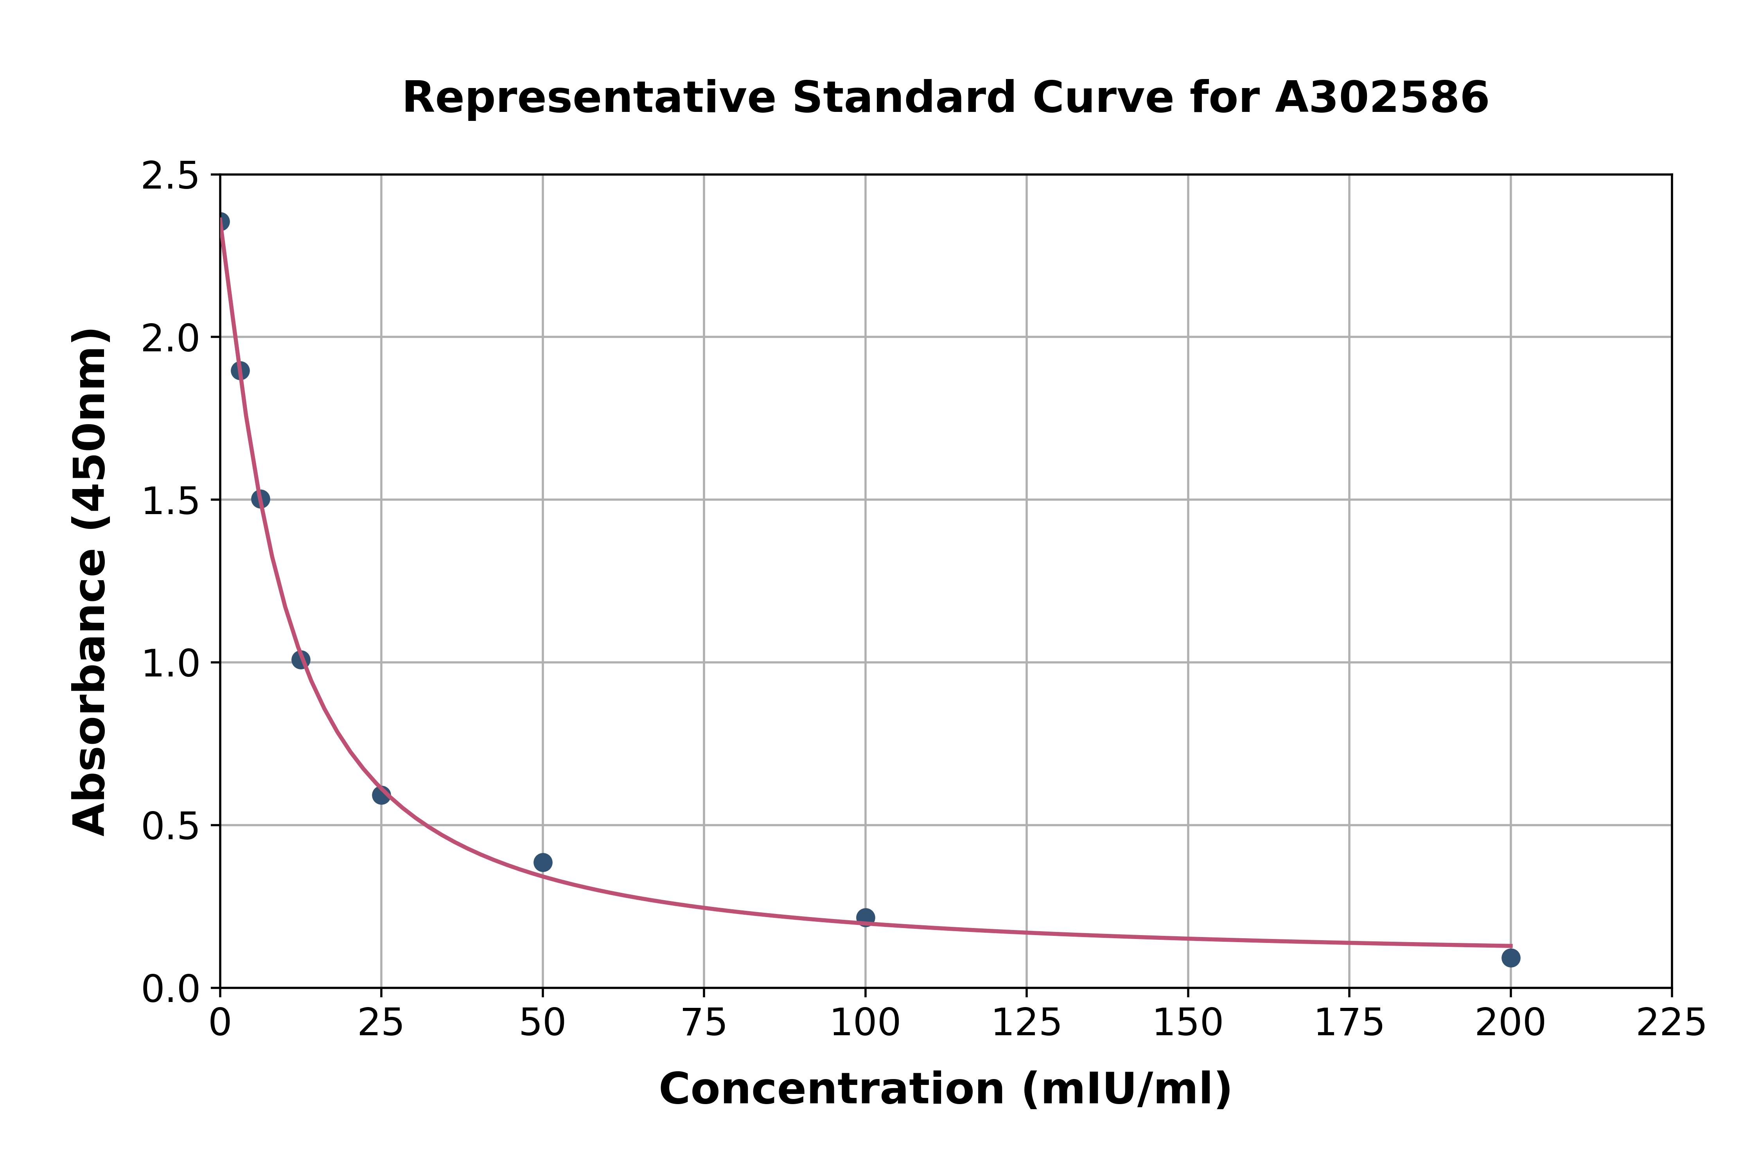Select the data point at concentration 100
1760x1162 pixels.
[x=865, y=917]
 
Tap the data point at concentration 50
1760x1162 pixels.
[x=542, y=862]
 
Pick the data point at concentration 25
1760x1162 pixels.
[x=381, y=795]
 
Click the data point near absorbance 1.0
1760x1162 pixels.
[x=300, y=660]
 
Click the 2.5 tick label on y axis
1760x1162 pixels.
[x=171, y=176]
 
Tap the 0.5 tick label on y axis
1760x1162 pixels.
[x=171, y=826]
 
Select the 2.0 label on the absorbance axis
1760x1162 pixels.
[x=171, y=339]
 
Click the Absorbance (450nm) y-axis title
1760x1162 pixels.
[x=90, y=582]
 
